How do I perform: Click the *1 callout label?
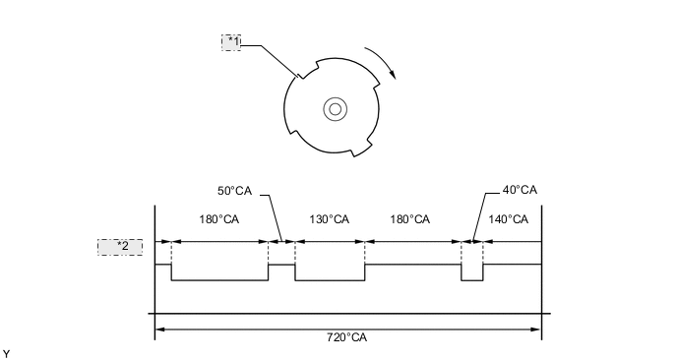pos(231,42)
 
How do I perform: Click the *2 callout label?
pos(120,247)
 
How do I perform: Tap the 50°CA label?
pos(234,191)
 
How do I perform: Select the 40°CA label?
pos(520,190)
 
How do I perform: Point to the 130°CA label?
pos(329,219)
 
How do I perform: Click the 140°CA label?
pos(508,219)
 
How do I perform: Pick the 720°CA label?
pos(346,337)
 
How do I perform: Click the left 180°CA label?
pos(218,219)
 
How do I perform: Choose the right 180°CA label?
pos(410,219)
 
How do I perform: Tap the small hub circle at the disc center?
pos(335,109)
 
